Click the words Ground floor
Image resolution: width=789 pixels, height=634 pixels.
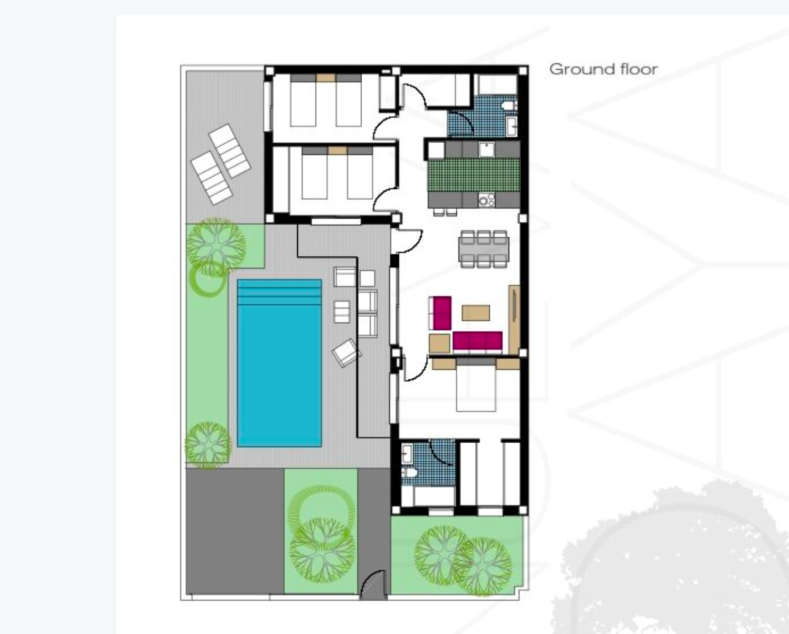603,69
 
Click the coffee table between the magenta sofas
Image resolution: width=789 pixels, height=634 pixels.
476,313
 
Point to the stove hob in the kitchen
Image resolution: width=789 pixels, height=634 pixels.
486,200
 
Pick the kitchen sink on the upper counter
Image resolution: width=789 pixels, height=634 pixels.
486,150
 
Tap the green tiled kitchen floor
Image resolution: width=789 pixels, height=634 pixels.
473,174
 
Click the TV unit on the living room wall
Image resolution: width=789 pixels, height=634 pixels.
514,319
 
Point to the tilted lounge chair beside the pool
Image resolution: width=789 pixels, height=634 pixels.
346,352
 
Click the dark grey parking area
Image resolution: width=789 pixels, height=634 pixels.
234,530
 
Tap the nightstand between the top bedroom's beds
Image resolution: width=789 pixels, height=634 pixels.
326,78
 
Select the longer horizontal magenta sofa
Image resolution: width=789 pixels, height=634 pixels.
477,341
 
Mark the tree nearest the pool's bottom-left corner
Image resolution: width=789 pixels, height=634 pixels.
208,444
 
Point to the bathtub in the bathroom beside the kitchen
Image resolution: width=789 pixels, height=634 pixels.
496,85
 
